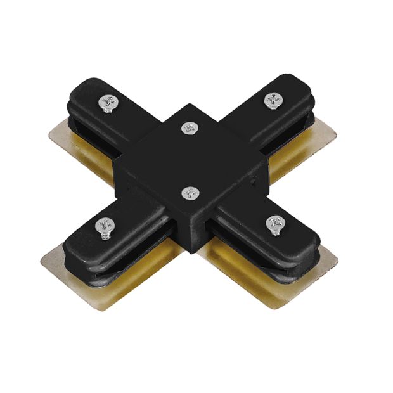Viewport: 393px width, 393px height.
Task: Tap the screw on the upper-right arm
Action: point(273,100)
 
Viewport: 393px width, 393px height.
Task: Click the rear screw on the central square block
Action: point(188,128)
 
